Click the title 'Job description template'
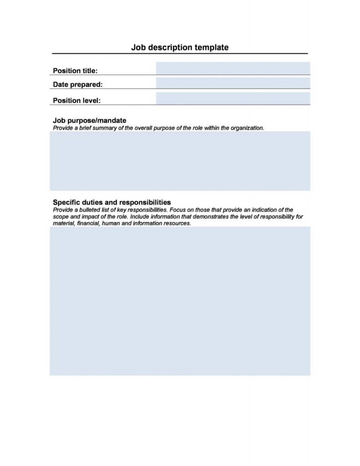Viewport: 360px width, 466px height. coord(180,47)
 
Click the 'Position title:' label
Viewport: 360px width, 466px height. coord(75,71)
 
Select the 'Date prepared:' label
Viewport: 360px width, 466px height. coord(78,84)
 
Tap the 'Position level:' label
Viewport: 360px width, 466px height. coord(77,100)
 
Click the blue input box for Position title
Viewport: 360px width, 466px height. coord(233,68)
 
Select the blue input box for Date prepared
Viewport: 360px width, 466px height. coord(233,83)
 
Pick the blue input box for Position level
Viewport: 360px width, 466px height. coord(233,98)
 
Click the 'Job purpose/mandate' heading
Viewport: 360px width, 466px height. coord(90,121)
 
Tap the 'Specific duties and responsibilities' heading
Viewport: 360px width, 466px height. coord(112,202)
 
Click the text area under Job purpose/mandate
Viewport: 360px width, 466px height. coord(180,161)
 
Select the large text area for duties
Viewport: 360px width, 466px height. coord(180,300)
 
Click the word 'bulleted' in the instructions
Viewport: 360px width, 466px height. coord(86,210)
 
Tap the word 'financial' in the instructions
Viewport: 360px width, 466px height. coord(88,224)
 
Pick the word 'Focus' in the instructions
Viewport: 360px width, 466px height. coord(177,210)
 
